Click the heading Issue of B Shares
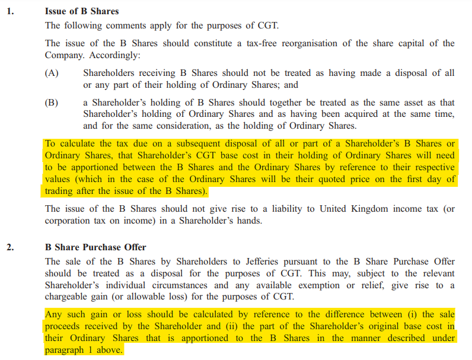[x=82, y=11]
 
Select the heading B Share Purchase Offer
[x=95, y=247]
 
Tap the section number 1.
[x=10, y=11]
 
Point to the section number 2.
[x=10, y=247]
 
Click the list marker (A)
[x=52, y=73]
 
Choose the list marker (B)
[x=52, y=103]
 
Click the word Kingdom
[x=347, y=208]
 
